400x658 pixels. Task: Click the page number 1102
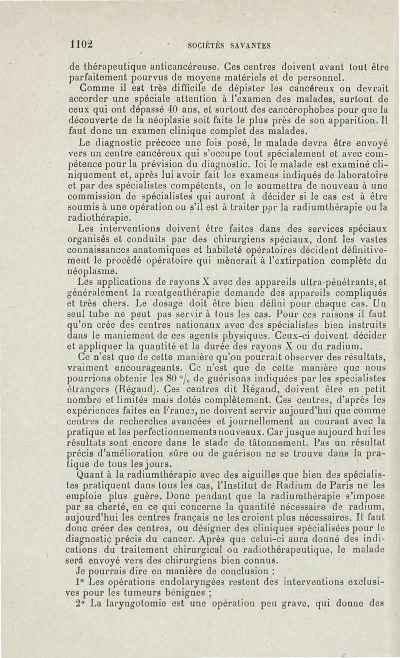(81, 44)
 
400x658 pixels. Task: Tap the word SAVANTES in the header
(250, 45)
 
